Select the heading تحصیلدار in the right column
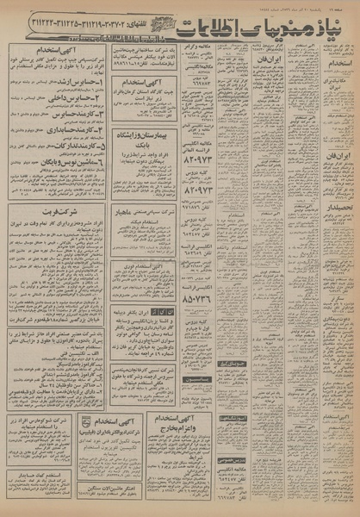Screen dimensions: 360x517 [331, 209]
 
